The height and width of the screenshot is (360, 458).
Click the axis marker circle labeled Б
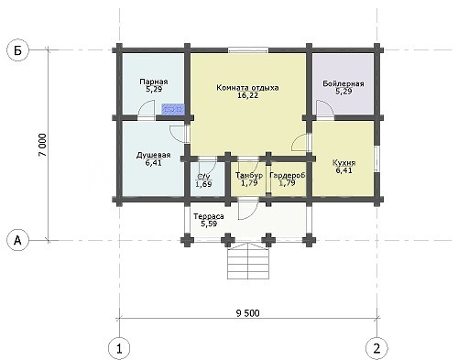18,50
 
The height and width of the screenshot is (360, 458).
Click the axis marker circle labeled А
18,241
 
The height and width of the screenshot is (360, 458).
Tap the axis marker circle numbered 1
119,348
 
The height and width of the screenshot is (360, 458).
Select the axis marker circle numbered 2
377,348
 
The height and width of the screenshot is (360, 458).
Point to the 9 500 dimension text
248,313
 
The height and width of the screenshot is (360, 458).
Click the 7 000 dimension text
43,145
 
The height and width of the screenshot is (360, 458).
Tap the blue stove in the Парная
172,109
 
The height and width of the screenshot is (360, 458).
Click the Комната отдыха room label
247,88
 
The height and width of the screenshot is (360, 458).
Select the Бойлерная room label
343,83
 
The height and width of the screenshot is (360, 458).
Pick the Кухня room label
343,163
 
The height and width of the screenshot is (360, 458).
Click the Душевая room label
153,155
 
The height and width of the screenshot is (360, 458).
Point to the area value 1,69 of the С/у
203,184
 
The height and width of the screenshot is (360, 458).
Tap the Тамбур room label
249,176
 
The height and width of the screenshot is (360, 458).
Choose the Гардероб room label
288,176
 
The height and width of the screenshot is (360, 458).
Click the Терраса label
209,216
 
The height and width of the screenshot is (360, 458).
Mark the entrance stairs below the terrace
248,261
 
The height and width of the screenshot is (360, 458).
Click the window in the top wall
248,50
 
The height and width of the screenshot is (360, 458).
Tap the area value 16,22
247,95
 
